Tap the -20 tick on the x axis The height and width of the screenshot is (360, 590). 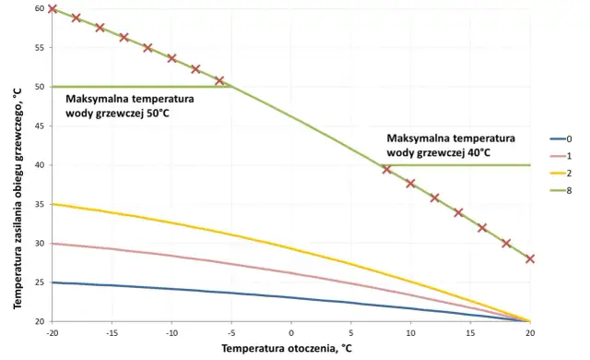pyautogui.click(x=53, y=332)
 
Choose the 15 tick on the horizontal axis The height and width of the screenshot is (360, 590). pyautogui.click(x=470, y=332)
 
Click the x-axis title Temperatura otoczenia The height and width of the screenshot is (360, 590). pyautogui.click(x=287, y=349)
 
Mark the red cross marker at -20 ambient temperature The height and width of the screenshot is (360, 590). pyautogui.click(x=53, y=9)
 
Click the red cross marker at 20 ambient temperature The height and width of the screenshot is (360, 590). pyautogui.click(x=529, y=259)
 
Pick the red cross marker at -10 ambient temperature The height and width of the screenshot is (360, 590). pyautogui.click(x=171, y=58)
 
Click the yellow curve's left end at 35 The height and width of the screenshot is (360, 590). pyautogui.click(x=53, y=204)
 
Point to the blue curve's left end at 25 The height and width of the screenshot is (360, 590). pyautogui.click(x=53, y=282)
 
